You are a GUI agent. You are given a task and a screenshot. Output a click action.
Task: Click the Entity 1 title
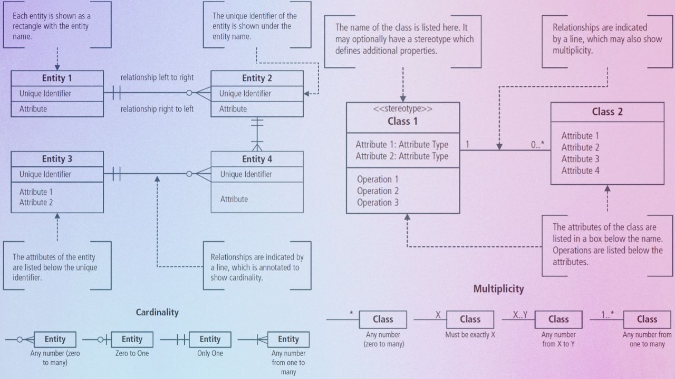(x=57, y=78)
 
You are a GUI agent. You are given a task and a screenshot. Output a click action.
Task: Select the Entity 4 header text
(x=257, y=159)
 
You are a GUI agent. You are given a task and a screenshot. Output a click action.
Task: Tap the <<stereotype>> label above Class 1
(x=402, y=109)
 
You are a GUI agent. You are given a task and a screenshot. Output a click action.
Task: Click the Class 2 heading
(x=607, y=112)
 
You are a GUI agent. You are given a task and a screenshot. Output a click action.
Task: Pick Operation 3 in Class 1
(x=378, y=203)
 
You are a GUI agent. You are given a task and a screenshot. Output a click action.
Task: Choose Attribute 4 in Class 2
(x=580, y=171)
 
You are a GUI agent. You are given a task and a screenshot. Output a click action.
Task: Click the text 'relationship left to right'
(x=157, y=77)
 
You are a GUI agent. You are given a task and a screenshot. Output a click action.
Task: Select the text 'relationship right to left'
(x=157, y=109)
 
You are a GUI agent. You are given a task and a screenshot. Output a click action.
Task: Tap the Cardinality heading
(x=157, y=312)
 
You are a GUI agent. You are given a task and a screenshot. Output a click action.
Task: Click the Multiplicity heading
(x=498, y=288)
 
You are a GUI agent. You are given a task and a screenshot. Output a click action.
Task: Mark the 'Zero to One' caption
(x=132, y=353)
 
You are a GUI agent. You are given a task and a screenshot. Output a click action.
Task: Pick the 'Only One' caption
(x=210, y=353)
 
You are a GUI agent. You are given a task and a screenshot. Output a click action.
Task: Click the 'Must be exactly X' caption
(x=470, y=335)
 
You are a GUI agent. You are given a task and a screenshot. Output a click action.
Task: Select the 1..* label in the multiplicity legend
(x=607, y=315)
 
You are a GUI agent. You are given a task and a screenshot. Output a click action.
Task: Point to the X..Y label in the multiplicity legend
(x=520, y=315)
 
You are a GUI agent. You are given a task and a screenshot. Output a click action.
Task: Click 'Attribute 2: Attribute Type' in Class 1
(x=402, y=156)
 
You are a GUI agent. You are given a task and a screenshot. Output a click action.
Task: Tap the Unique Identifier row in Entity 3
(x=45, y=174)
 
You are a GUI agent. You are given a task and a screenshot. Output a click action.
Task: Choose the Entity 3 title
(x=57, y=159)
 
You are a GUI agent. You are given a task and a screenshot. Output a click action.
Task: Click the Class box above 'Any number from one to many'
(x=647, y=319)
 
